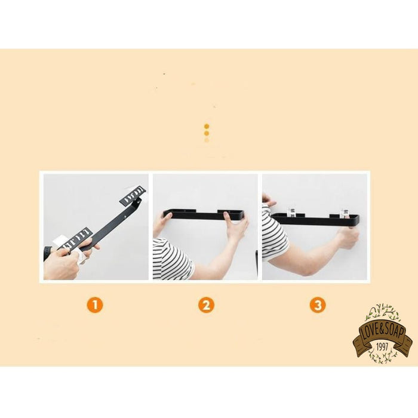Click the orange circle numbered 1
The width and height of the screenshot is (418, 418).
94,305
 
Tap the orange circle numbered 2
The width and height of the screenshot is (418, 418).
206,305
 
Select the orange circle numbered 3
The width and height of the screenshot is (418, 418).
318,305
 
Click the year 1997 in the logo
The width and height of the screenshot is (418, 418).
382,346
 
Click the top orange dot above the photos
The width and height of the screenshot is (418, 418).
207,126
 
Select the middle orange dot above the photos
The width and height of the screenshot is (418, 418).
207,133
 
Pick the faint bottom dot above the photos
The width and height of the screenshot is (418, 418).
207,140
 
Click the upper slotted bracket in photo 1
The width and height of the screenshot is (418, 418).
133,195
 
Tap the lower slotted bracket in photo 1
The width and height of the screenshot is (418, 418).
77,239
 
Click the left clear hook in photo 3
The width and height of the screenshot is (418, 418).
291,212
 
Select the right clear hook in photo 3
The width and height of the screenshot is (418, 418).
345,213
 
